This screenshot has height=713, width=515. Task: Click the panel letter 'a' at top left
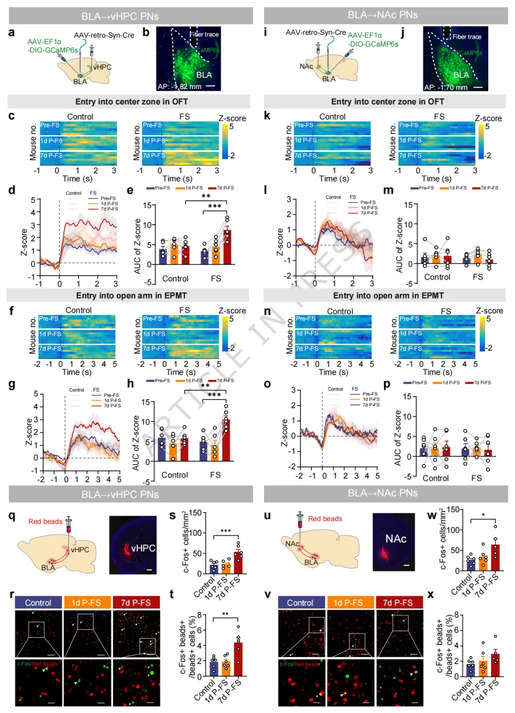point(11,32)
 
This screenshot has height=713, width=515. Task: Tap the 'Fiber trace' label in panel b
point(204,34)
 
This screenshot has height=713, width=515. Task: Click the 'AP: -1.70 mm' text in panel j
point(446,87)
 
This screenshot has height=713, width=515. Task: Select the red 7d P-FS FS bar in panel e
point(227,247)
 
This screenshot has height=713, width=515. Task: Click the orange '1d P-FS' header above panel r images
point(87,603)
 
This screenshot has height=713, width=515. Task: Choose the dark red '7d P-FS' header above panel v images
point(399,603)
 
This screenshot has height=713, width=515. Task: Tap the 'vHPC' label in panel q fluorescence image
point(143,548)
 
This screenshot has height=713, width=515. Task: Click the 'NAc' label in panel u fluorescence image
point(396,539)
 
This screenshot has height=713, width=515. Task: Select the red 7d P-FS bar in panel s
point(238,562)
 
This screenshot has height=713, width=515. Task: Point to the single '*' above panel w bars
point(483,515)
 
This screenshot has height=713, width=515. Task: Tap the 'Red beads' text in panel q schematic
point(45,521)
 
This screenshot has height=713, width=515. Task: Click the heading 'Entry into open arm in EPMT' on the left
point(131,296)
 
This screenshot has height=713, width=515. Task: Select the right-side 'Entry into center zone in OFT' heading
point(387,102)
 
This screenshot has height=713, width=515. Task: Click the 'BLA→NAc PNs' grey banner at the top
point(382,15)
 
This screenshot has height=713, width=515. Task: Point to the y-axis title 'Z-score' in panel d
point(24,242)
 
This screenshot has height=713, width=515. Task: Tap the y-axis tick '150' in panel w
point(453,510)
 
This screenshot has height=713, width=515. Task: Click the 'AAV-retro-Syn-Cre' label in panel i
point(316,32)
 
